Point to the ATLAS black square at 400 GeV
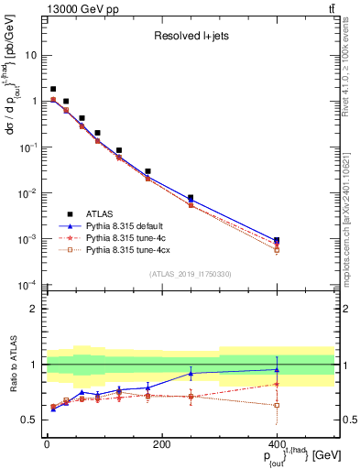click(277, 240)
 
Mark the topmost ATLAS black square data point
click(53, 90)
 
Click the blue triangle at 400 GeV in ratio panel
click(277, 370)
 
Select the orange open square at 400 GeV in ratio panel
click(277, 404)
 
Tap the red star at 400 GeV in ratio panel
click(277, 384)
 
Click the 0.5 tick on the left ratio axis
click(32, 420)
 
